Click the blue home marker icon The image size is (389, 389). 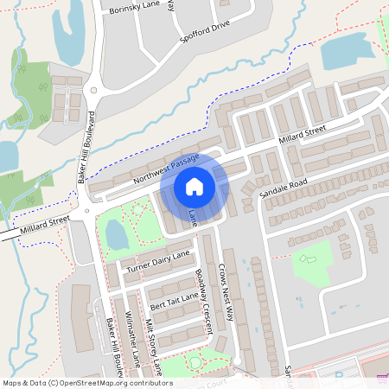(x=194, y=187)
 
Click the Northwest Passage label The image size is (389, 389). (x=166, y=170)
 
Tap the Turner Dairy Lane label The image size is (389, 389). (x=157, y=264)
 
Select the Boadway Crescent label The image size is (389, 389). (x=203, y=302)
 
